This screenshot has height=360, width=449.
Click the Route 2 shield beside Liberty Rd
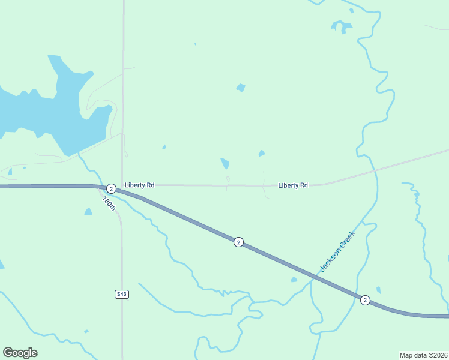(111, 188)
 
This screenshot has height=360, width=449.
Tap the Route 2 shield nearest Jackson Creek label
(364, 300)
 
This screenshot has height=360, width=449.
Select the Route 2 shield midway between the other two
(238, 242)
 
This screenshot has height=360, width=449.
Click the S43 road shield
(122, 294)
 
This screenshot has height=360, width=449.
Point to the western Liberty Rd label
(140, 185)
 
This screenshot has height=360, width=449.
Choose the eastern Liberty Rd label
(293, 185)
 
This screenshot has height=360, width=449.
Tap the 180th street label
(108, 203)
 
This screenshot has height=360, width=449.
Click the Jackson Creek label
(337, 251)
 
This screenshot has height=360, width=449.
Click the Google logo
(20, 353)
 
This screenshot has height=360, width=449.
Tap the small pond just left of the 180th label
(88, 212)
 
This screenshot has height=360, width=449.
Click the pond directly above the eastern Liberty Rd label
(261, 154)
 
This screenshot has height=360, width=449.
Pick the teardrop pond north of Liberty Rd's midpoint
(224, 163)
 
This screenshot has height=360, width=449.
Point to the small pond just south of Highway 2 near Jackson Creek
(294, 280)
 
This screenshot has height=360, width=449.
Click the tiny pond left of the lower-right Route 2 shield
(378, 290)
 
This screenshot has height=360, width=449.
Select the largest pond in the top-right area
(340, 26)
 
